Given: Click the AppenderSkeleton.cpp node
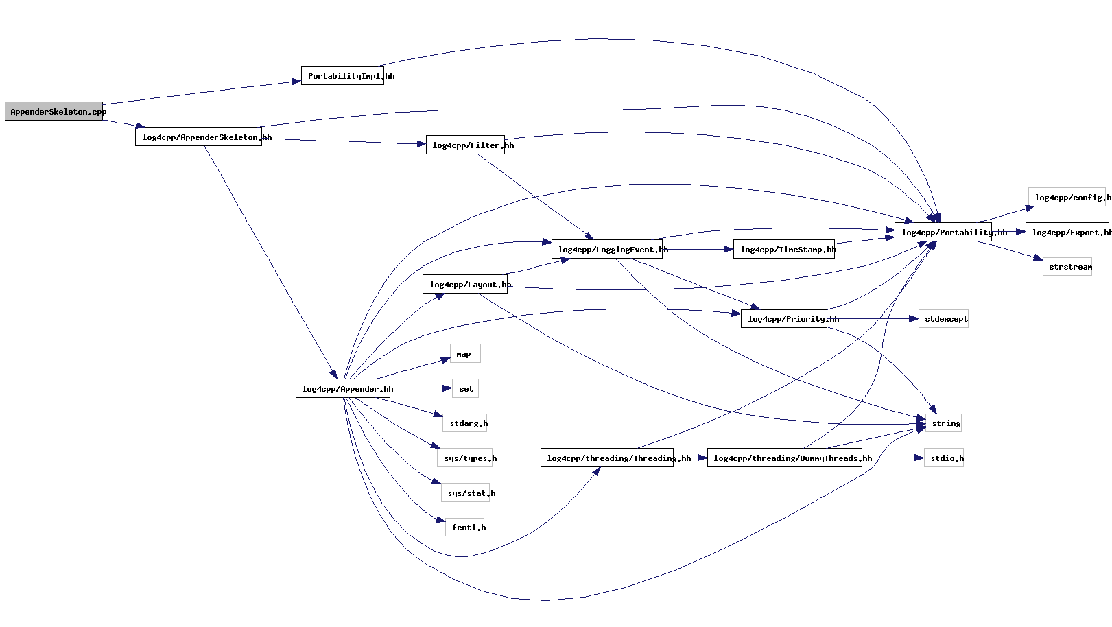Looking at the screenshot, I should (x=54, y=111).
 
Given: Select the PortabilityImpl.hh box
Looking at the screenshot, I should (x=342, y=75).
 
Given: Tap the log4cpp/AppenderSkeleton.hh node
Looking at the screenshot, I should (x=198, y=137).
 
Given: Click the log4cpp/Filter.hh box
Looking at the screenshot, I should (x=465, y=145).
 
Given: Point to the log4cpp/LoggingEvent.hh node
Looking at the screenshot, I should (x=606, y=249).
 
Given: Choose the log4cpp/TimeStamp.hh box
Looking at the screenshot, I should (x=783, y=249).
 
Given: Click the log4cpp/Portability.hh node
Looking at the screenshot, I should (x=943, y=232).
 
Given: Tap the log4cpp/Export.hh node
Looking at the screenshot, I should (x=1067, y=232).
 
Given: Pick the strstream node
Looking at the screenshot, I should (x=1067, y=267).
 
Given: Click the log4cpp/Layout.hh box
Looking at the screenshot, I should (x=464, y=284).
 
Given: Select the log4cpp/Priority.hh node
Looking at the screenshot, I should (x=783, y=318).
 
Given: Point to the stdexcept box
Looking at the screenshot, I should (x=943, y=318).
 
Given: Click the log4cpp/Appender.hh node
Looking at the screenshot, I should (x=342, y=388).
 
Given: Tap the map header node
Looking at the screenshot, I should (x=464, y=353).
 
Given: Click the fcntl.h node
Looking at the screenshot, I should (x=464, y=527).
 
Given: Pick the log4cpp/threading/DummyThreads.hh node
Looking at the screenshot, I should (x=784, y=458).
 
